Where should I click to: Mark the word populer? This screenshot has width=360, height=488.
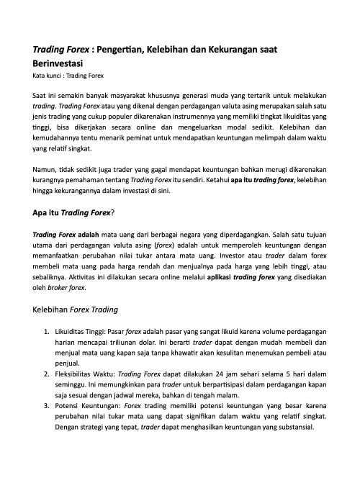(122, 117)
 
